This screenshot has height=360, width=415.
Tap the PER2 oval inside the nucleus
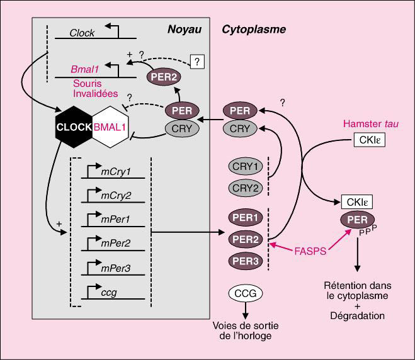(x=162, y=77)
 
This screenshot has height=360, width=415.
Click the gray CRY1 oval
(x=246, y=167)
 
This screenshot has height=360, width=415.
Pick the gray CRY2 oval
(x=246, y=188)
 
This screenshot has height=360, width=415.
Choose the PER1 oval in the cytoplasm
(x=246, y=218)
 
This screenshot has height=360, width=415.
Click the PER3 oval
(x=246, y=260)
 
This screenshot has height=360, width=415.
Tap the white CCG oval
(x=246, y=293)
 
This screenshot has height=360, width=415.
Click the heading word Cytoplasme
(x=254, y=29)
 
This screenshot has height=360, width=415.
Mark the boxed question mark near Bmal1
(x=198, y=61)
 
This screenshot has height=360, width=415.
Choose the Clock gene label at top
(x=82, y=33)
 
